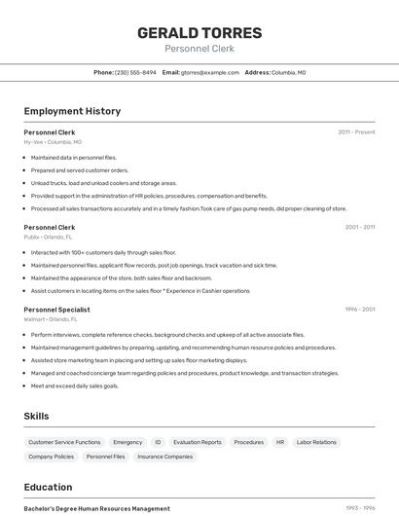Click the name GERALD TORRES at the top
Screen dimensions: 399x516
point(199,32)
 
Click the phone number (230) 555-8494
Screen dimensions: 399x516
point(135,72)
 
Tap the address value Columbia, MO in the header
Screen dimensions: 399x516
point(288,72)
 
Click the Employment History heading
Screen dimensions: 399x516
point(72,111)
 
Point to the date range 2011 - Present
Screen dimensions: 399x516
point(356,131)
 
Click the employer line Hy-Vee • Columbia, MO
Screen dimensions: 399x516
point(53,142)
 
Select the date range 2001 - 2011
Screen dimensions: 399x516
point(360,227)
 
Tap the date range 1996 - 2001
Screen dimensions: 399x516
point(360,310)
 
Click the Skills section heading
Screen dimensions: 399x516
point(36,416)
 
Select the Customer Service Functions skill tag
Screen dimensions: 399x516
point(64,442)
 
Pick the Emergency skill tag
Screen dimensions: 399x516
point(127,442)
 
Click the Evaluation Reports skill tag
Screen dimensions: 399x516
point(198,442)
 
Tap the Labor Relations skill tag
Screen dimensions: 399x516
point(316,442)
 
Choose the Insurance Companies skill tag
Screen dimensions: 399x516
point(164,457)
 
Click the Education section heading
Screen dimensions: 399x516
point(48,487)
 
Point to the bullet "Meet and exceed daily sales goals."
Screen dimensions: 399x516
point(75,386)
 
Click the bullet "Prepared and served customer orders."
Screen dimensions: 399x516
point(80,169)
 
